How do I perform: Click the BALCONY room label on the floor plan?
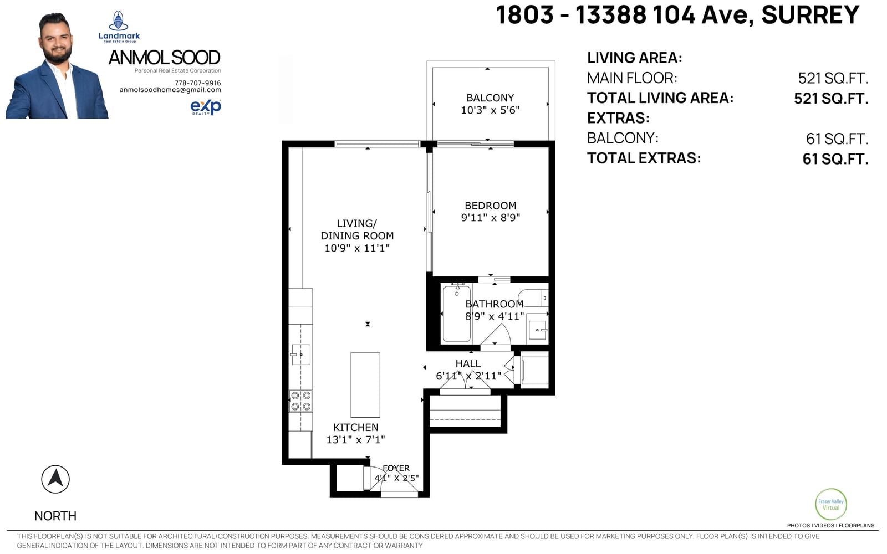[x=490, y=98]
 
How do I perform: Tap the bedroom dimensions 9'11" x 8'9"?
[x=490, y=218]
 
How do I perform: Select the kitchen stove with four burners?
[x=300, y=401]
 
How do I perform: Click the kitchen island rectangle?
[x=365, y=385]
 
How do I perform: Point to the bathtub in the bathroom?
[x=457, y=313]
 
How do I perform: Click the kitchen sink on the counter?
[x=300, y=355]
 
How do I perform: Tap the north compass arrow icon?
[x=55, y=479]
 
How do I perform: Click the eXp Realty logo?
[x=206, y=107]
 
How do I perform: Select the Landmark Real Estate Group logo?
[x=119, y=27]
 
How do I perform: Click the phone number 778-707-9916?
[x=197, y=83]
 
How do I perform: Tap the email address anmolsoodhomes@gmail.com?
[x=170, y=90]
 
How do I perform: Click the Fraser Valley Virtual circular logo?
[x=831, y=504]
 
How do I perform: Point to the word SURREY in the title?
[x=810, y=15]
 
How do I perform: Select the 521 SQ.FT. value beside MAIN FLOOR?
[x=833, y=78]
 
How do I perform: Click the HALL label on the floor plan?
[x=468, y=363]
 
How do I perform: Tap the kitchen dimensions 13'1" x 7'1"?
[x=355, y=440]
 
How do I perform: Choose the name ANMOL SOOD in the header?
[x=164, y=58]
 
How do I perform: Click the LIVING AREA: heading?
[x=634, y=58]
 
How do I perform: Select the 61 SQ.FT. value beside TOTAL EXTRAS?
[x=835, y=159]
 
